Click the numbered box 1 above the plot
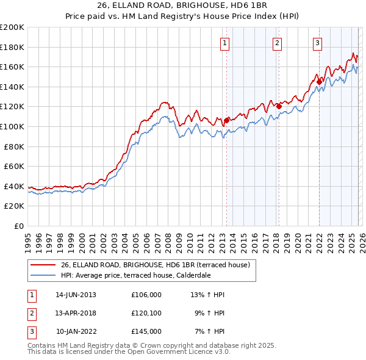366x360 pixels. pyautogui.click(x=225, y=43)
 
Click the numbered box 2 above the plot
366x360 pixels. pyautogui.click(x=277, y=43)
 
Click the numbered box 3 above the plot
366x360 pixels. pyautogui.click(x=318, y=43)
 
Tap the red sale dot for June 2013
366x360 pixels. pyautogui.click(x=227, y=120)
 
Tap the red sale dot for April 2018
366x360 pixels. pyautogui.click(x=279, y=106)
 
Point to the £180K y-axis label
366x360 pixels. pyautogui.click(x=12, y=47)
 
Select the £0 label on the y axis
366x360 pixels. pyautogui.click(x=18, y=226)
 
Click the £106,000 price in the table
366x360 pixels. pyautogui.click(x=146, y=295)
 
